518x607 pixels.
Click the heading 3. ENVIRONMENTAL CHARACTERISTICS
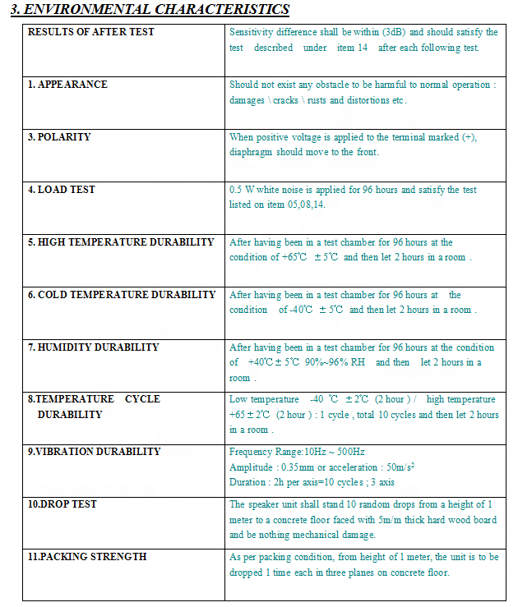click(150, 10)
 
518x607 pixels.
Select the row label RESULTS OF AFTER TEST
click(91, 32)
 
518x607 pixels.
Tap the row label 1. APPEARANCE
click(67, 85)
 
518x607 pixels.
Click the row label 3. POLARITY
click(59, 137)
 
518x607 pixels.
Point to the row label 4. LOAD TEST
click(62, 190)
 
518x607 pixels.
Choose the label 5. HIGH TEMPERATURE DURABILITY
click(121, 242)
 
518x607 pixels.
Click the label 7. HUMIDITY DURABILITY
click(93, 347)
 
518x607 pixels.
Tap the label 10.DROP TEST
click(62, 504)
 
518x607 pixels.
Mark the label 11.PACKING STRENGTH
click(87, 557)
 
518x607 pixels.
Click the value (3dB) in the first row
click(394, 32)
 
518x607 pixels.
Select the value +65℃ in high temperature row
click(293, 257)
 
